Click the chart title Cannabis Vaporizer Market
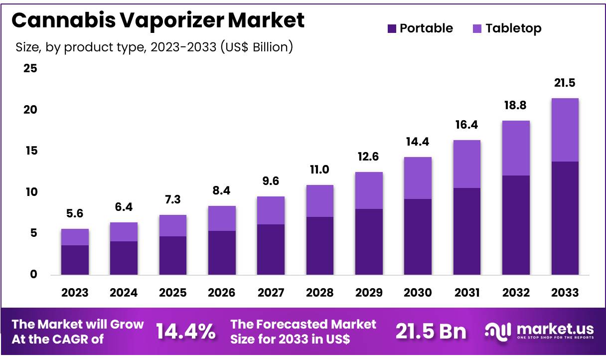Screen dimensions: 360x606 click(x=157, y=21)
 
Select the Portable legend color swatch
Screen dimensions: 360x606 click(x=392, y=29)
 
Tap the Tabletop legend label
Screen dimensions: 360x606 click(x=513, y=28)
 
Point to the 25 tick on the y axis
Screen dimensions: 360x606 click(x=30, y=68)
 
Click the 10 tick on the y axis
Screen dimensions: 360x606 click(x=30, y=192)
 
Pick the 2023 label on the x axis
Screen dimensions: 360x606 click(x=75, y=293)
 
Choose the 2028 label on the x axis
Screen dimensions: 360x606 click(x=319, y=293)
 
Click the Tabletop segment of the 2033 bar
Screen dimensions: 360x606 click(x=565, y=130)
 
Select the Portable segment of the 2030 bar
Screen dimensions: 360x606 click(x=418, y=237)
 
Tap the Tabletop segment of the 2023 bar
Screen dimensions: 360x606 click(x=75, y=237)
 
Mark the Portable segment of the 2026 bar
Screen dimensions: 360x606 click(x=222, y=253)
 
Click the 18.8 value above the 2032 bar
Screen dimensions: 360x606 click(x=516, y=106)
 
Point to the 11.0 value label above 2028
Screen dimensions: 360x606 click(x=319, y=170)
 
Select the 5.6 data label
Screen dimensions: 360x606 click(x=75, y=213)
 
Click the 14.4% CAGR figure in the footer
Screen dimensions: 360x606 click(x=186, y=331)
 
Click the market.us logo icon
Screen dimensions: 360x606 click(x=498, y=331)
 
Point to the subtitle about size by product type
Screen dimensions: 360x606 click(x=154, y=47)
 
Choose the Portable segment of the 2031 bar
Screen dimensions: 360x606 click(x=466, y=231)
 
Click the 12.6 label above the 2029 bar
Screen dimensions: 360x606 click(x=368, y=157)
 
